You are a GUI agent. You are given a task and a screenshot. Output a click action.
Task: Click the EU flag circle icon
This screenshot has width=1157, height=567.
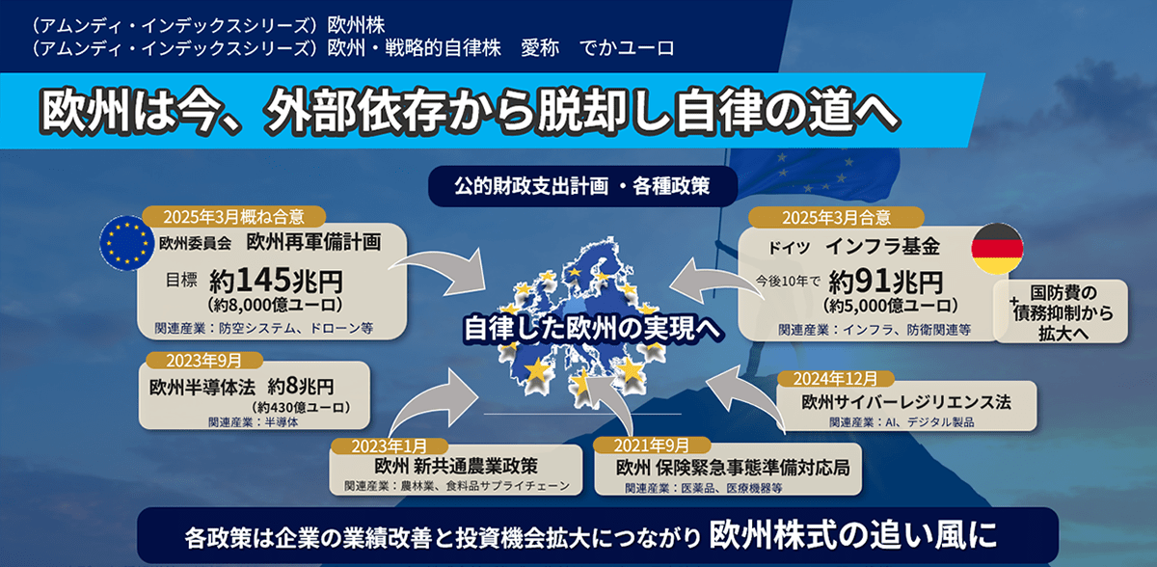[x=125, y=241]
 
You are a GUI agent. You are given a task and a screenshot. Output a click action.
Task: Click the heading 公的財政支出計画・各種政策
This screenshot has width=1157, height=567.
[x=582, y=185]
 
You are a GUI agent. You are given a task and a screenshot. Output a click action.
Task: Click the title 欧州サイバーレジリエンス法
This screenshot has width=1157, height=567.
[x=905, y=399]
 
